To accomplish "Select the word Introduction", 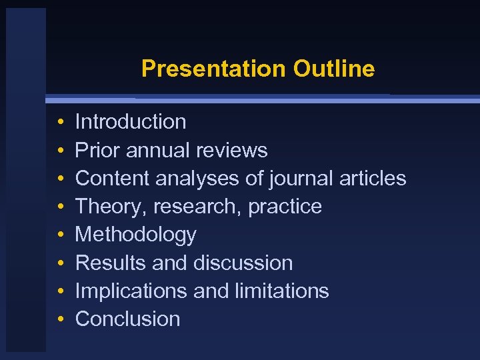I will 131,122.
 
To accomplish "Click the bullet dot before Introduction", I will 60,123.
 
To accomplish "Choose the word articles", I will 373,179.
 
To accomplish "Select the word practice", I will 285,207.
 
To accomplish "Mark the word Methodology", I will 136,235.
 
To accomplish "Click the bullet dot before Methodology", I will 60,235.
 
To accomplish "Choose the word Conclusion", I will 128,319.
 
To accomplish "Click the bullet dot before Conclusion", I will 60,319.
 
